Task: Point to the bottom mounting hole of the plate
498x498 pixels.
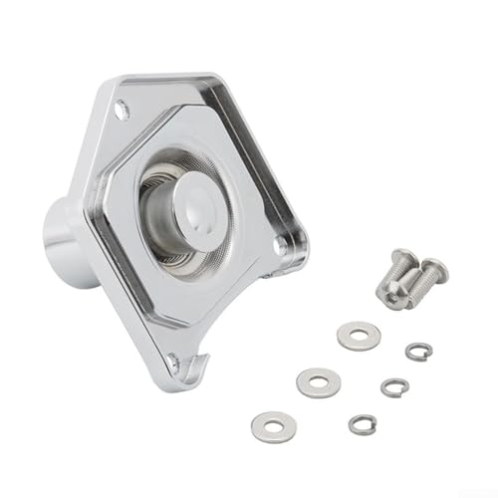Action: click(x=173, y=361)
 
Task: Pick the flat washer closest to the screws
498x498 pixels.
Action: click(x=359, y=336)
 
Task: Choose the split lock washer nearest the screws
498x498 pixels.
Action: click(x=418, y=351)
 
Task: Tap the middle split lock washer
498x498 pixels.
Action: click(x=394, y=386)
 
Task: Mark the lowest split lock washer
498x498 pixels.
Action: click(x=363, y=424)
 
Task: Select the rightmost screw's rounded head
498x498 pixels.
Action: click(x=434, y=270)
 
